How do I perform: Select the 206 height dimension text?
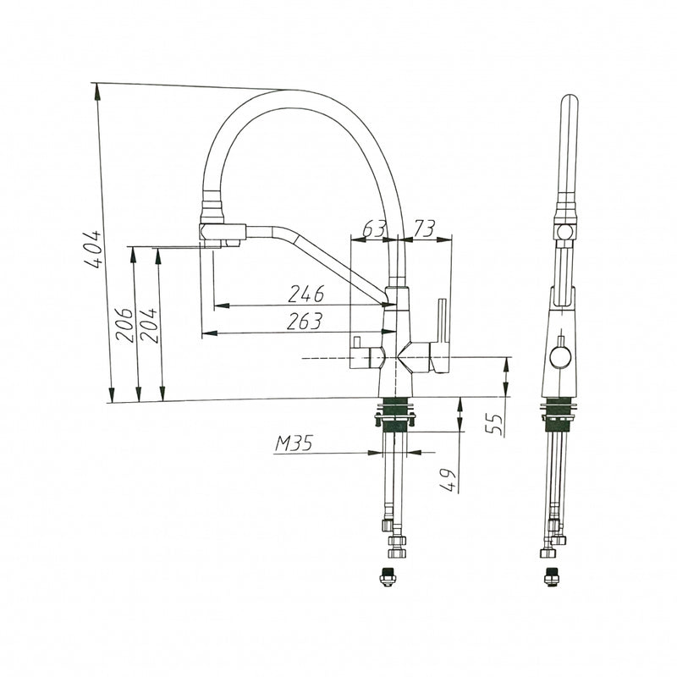coord(124,325)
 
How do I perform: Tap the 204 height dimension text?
coord(149,325)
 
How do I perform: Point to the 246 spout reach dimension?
coord(306,294)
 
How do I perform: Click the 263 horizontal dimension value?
coord(305,322)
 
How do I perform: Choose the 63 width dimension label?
coord(373,229)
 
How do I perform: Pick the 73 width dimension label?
coord(424,228)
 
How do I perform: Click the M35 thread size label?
coord(294,443)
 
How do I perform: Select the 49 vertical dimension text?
coord(449,480)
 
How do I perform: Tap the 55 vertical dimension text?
coord(495,425)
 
